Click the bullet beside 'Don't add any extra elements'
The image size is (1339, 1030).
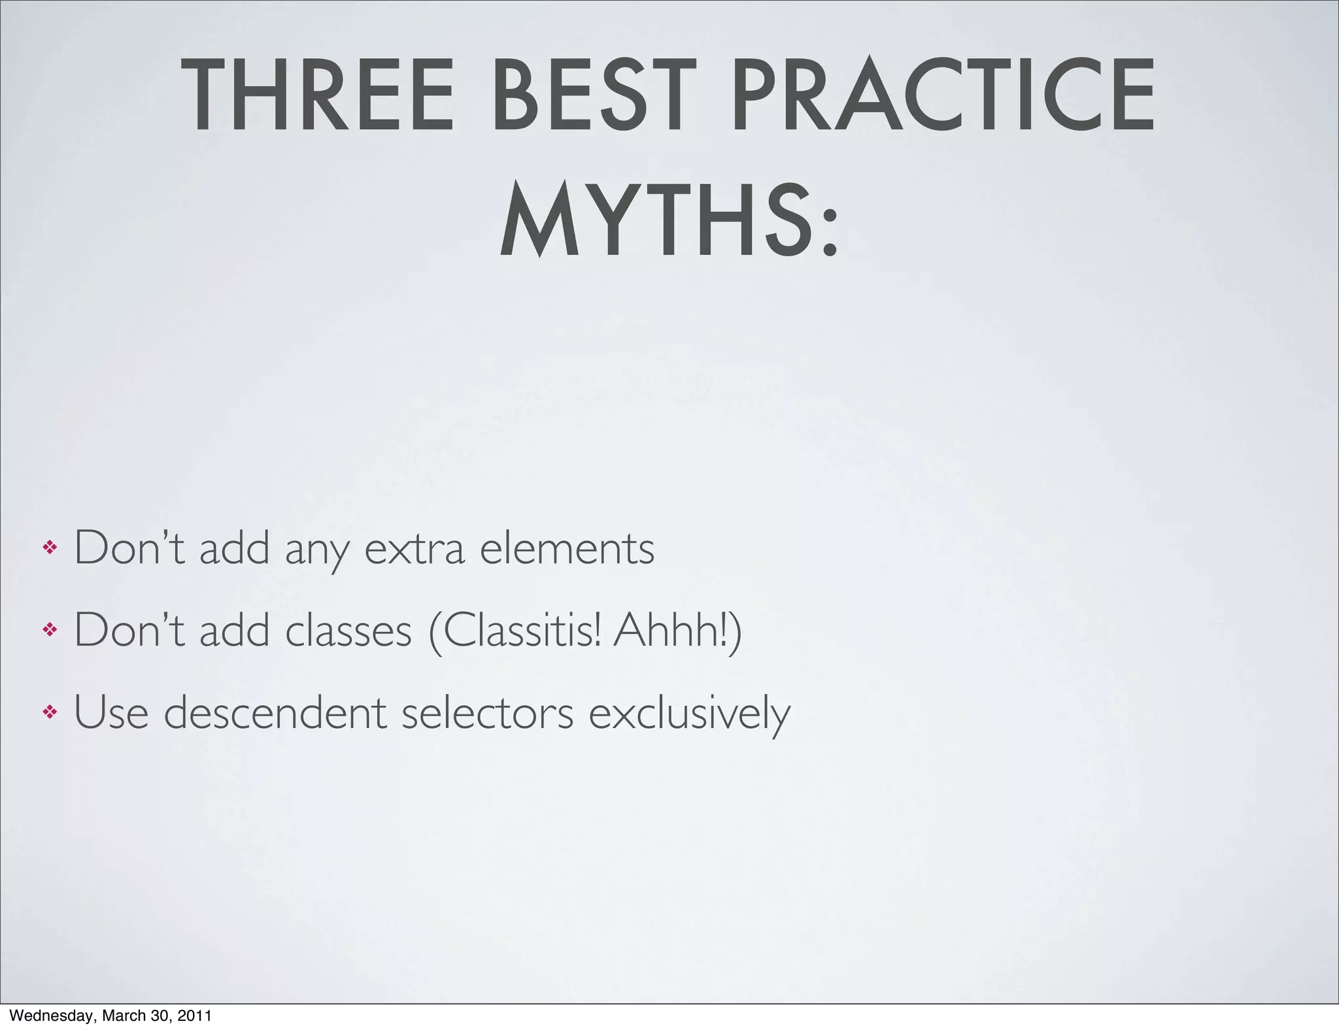point(50,548)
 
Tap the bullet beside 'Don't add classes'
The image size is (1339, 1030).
point(50,630)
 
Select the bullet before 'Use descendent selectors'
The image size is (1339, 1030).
point(50,712)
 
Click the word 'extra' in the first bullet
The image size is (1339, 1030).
point(414,549)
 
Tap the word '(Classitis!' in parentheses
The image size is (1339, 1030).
point(515,631)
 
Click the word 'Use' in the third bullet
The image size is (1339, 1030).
point(111,712)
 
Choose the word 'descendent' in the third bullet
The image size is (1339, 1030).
point(275,712)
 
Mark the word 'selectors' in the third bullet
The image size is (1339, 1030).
point(488,713)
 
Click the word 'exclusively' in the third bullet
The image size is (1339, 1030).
point(689,713)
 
